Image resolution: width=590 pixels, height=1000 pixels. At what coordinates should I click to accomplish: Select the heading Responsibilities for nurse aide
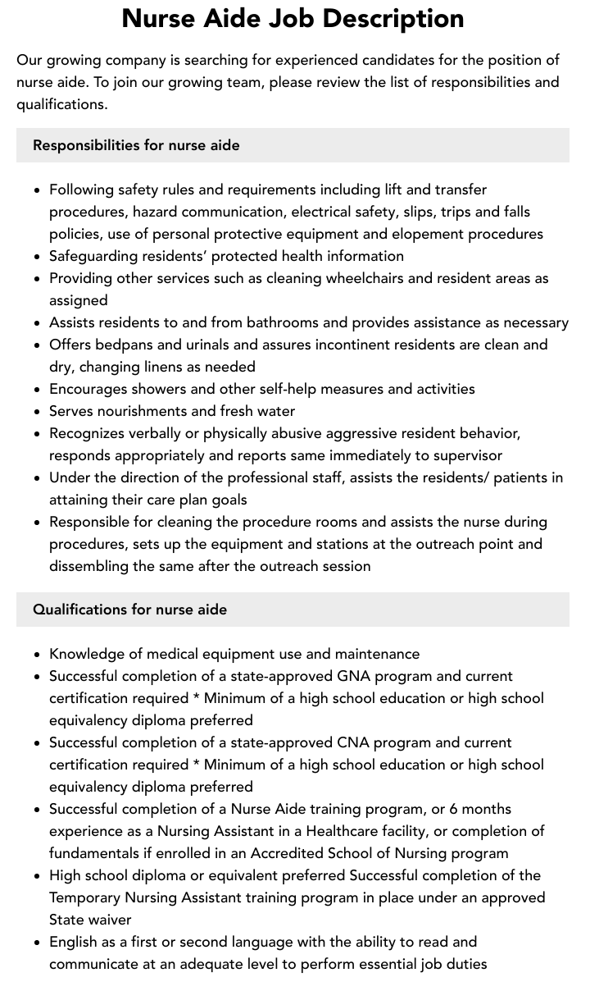point(136,145)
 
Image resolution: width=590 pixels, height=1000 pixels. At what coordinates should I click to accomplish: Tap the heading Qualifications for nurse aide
point(129,610)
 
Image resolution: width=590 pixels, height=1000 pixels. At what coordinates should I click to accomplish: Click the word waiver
point(109,920)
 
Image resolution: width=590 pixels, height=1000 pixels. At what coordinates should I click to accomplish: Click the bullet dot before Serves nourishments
point(38,412)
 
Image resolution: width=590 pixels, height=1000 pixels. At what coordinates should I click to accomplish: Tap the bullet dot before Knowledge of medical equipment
point(38,655)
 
